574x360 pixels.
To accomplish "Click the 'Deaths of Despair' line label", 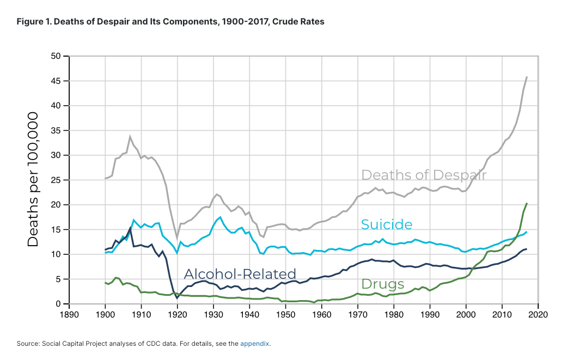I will click(x=424, y=175).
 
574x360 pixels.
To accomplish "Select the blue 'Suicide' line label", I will click(x=387, y=224).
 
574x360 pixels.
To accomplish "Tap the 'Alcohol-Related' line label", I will click(x=240, y=273).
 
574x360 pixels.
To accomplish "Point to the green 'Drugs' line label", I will click(x=383, y=284).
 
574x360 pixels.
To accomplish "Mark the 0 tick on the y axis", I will click(x=56, y=304).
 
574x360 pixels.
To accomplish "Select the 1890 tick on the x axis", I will click(x=69, y=315).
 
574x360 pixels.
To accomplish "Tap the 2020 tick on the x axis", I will click(x=538, y=315).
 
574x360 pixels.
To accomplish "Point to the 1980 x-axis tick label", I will click(x=393, y=315).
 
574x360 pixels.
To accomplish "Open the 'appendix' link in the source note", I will click(x=254, y=344).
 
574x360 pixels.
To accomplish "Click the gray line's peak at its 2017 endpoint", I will click(x=527, y=77).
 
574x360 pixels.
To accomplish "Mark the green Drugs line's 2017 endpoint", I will click(x=527, y=203).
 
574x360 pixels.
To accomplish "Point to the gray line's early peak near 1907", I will click(x=130, y=137).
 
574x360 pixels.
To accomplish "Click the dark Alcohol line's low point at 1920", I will click(x=177, y=298).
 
